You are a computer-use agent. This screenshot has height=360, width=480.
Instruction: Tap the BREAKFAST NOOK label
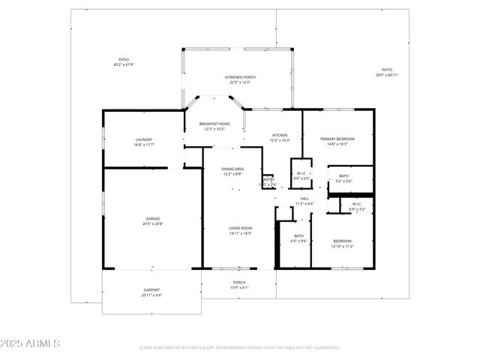coord(214,124)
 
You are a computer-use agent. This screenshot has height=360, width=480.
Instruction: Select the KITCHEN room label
coord(280,135)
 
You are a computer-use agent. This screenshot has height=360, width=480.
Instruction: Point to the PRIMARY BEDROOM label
coord(337,139)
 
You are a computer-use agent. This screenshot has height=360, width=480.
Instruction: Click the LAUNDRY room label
coord(144,139)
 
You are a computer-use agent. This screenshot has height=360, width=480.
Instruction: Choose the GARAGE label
coord(152,219)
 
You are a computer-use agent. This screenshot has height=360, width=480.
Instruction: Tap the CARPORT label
coord(151,289)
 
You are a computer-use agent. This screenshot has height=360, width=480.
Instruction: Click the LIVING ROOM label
coord(240,228)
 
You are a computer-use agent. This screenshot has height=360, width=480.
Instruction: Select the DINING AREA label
coord(232,169)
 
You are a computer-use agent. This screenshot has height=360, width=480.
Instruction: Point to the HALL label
coord(304,198)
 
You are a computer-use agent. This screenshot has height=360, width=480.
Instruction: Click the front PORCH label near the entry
coord(239,283)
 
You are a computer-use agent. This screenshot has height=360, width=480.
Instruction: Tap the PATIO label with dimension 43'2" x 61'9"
coord(124,59)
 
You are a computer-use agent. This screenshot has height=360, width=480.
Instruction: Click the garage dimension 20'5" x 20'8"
coord(152,224)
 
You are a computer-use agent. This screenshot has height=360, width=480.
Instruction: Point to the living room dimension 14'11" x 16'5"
coord(240,233)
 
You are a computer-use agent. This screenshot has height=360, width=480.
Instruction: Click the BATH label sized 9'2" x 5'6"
coord(343,175)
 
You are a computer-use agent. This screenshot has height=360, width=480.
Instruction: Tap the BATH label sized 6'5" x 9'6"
coord(298,236)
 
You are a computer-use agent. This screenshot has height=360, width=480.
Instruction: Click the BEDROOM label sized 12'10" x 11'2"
coord(342,241)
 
